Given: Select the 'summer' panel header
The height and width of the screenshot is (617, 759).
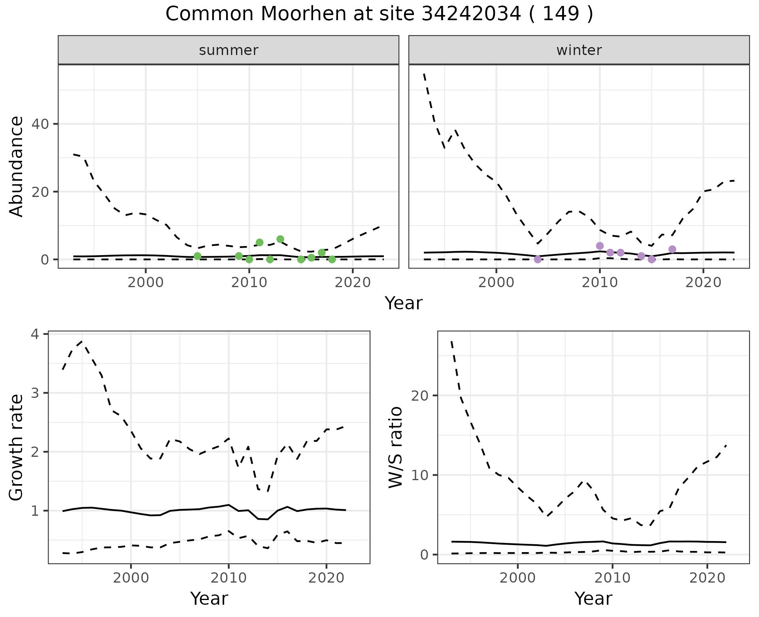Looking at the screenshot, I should point(228,50).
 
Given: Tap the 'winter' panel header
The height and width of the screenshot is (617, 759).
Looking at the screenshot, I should point(579,50).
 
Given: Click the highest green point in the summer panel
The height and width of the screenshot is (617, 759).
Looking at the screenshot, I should point(280,239).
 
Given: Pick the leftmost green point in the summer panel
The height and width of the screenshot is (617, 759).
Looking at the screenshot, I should point(198,256).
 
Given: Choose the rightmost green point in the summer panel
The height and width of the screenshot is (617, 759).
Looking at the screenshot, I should point(332,259).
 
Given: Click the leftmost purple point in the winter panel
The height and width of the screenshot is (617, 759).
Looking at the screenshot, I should point(538,259).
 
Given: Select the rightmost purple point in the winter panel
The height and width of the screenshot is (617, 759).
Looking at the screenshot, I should point(672,249).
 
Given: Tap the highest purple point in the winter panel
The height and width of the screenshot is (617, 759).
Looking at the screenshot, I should point(600,246).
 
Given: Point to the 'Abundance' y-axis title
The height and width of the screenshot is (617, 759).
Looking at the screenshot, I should point(17,167).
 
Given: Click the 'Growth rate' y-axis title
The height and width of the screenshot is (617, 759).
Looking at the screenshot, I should point(17,448).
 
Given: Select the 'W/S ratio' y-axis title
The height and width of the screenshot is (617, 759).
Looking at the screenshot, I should point(395,447).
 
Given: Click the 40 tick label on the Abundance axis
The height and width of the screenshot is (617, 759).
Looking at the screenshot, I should point(40,124).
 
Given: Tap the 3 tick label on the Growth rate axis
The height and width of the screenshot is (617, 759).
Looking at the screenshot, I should point(36,393).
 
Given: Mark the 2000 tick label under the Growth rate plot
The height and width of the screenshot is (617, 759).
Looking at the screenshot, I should point(131,578).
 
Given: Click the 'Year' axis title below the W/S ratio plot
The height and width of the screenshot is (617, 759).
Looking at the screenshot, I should point(593,598).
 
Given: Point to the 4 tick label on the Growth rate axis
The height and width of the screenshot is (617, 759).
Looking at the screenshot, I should point(36,335).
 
